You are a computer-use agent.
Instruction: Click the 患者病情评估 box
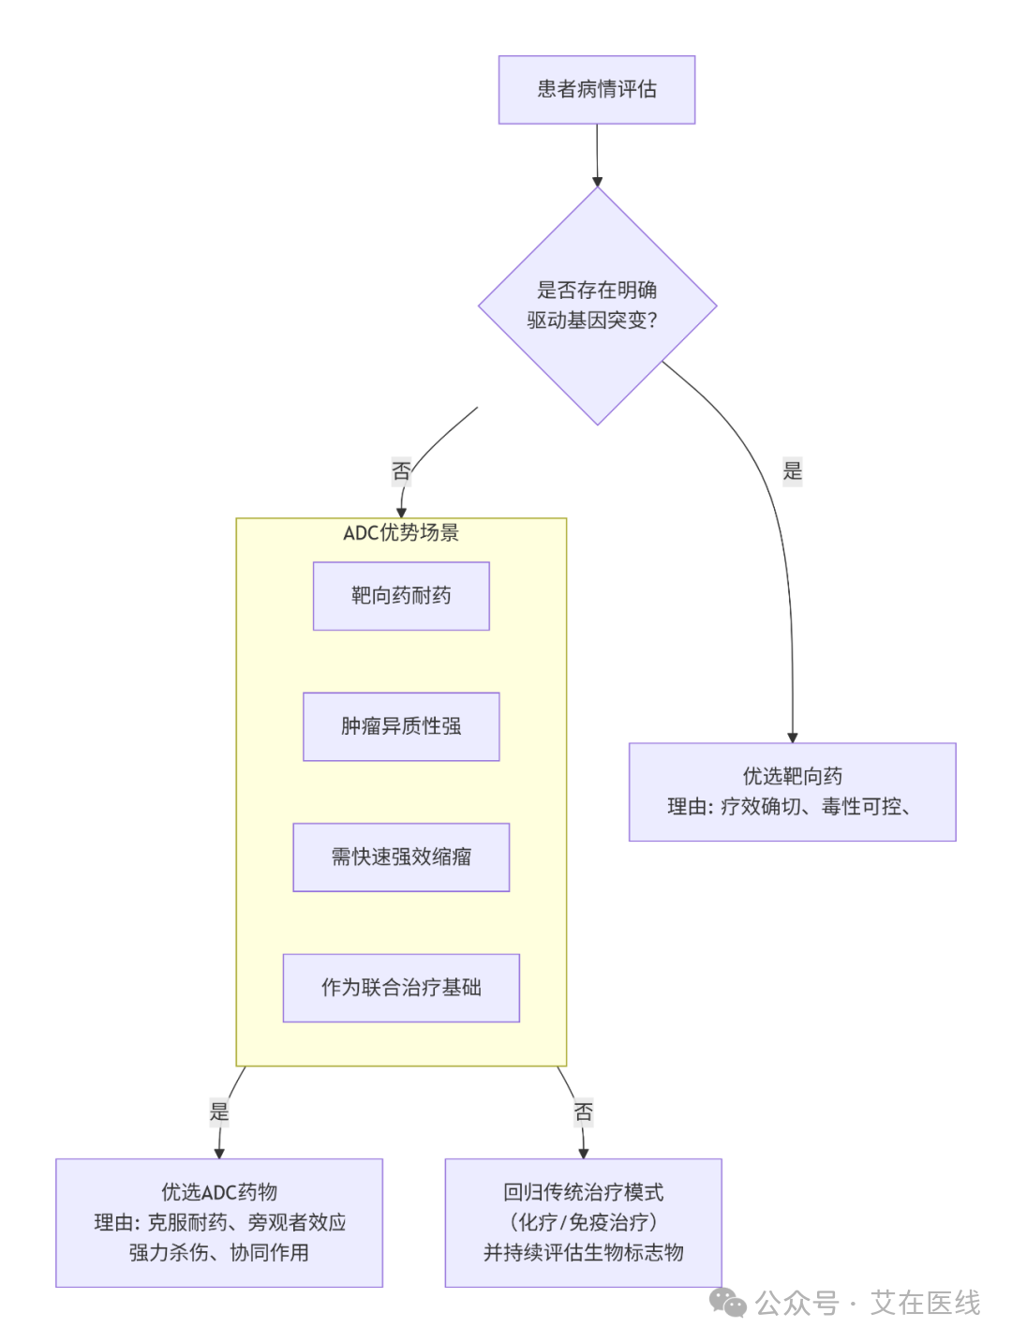pos(596,89)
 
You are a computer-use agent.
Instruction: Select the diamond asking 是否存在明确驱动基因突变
pos(597,306)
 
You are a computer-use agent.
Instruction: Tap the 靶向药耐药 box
pos(401,595)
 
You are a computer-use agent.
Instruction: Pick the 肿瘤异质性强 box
pos(401,726)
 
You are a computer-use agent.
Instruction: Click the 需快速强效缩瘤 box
pos(401,857)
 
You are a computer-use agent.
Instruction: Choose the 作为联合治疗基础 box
pos(401,988)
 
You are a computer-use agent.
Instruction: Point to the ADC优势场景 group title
pos(401,533)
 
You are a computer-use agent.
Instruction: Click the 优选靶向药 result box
pos(792,792)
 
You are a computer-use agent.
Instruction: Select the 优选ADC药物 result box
pos(219,1222)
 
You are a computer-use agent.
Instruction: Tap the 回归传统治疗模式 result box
pos(583,1222)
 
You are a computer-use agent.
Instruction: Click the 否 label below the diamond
pos(401,471)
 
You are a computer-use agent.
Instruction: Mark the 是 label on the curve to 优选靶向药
pos(792,471)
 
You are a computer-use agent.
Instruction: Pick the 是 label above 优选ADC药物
pos(219,1112)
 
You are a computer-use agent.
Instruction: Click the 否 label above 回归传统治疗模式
pos(583,1112)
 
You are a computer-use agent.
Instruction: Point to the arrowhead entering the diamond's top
pos(597,182)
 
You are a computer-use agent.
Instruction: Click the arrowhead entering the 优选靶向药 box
pos(792,738)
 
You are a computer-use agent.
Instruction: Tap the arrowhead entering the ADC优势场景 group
pos(401,513)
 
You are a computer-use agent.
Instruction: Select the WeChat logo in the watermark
pos(727,1303)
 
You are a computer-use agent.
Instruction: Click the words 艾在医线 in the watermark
pos(925,1304)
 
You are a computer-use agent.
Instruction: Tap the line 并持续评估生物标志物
pos(583,1252)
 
